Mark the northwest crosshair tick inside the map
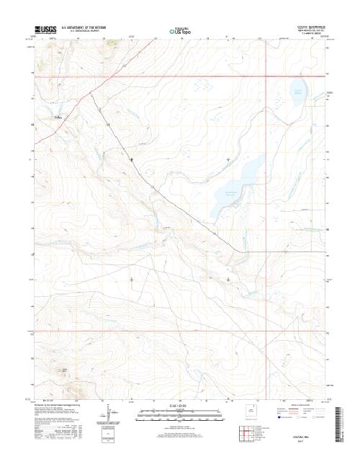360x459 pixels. (131, 159)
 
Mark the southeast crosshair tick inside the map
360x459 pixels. (229, 278)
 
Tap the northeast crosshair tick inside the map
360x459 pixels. (229, 159)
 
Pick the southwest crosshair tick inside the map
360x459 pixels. (131, 278)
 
